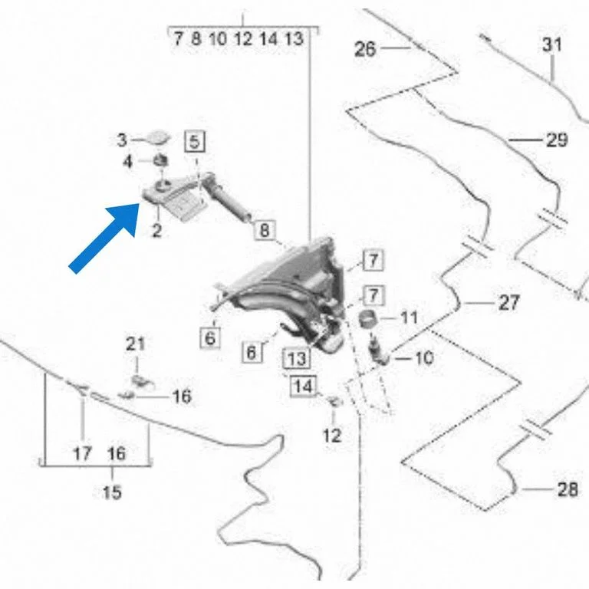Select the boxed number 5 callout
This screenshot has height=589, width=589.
pos(195,142)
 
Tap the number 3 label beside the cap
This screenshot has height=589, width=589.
pos(122,140)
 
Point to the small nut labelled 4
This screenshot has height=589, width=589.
pos(161,160)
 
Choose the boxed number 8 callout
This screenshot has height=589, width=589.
pos(265,230)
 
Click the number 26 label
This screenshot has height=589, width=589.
pos(365,49)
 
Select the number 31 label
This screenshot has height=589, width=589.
pos(552,44)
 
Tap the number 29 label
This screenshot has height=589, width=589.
pos(557,140)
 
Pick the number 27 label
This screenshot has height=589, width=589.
pos(509,303)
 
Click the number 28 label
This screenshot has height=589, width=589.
pos(568,489)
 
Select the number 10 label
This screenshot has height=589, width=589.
pos(424,358)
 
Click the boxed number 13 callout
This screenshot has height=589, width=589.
pos(297,358)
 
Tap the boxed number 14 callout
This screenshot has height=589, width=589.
pos(304,386)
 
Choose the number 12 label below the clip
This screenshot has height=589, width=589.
pos(332,436)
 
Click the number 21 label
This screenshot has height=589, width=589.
pos(135,344)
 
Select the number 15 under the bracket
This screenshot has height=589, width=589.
pos(112,492)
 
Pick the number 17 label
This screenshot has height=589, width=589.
pos(82,453)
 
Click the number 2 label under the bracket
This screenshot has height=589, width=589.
pos(156,230)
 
